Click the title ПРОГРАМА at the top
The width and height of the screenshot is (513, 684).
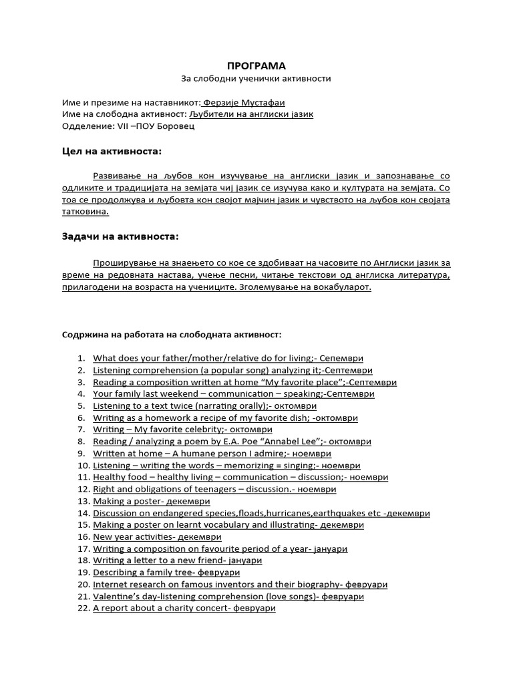(x=256, y=65)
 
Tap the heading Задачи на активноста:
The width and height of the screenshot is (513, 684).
(x=120, y=236)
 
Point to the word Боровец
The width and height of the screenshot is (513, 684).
(x=177, y=126)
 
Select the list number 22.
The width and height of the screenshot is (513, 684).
(x=83, y=609)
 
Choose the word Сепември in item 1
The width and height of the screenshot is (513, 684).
(x=343, y=359)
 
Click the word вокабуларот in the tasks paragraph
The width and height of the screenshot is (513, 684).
(x=342, y=287)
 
